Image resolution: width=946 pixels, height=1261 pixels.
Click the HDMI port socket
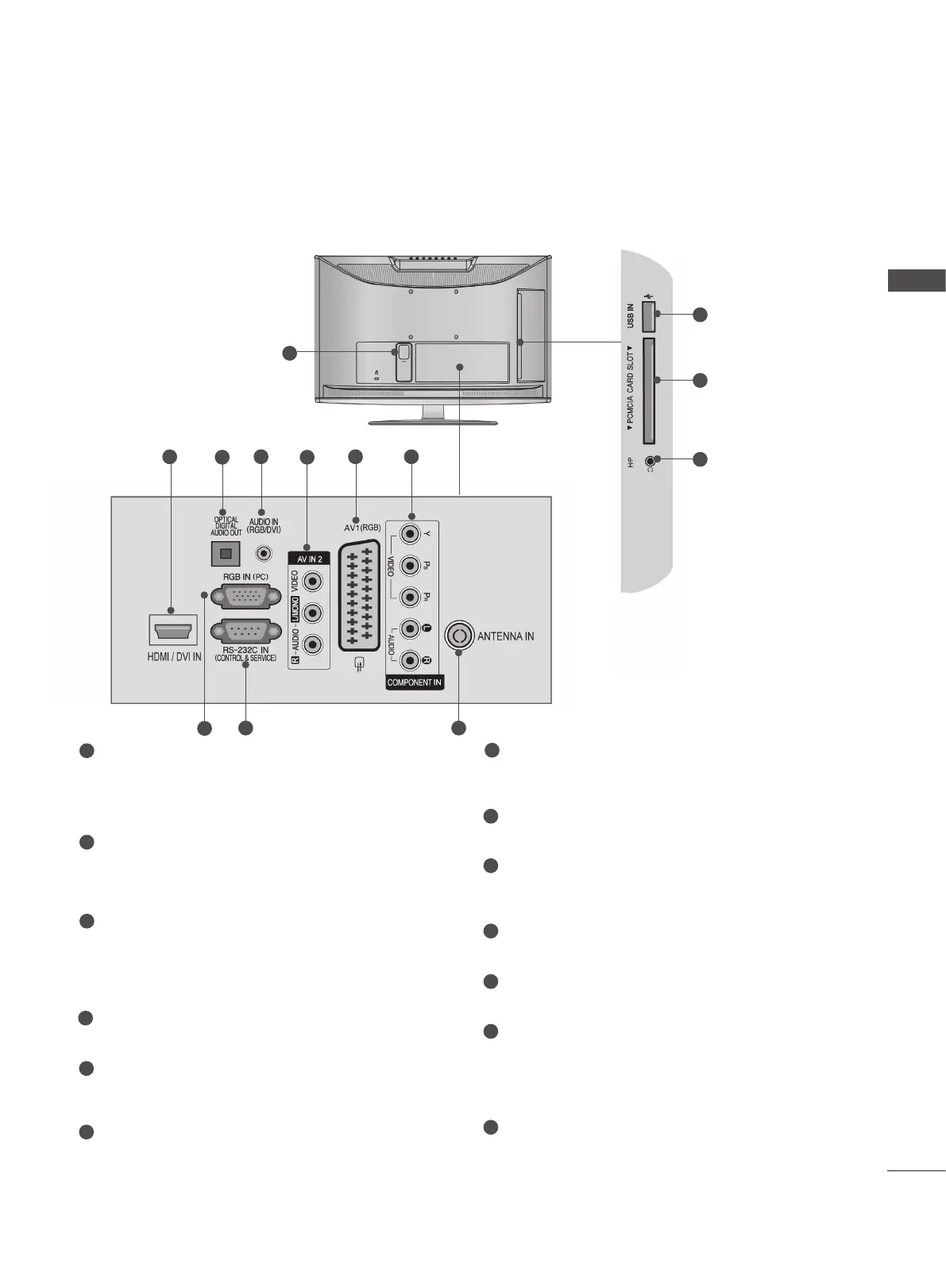click(172, 631)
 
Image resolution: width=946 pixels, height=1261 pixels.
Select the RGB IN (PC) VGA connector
click(245, 596)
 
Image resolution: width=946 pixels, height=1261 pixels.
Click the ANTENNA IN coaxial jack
click(458, 636)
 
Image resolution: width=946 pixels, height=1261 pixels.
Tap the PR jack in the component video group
click(409, 597)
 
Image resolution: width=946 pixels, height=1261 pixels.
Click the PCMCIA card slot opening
click(649, 389)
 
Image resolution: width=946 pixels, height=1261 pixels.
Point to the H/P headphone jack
click(651, 460)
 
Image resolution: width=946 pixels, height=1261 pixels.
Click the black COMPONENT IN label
click(415, 683)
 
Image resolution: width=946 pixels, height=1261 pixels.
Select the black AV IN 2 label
click(309, 559)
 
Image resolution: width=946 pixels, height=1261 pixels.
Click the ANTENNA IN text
click(505, 636)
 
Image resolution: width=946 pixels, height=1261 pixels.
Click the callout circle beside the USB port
click(700, 315)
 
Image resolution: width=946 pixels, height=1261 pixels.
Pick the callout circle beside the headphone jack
click(700, 460)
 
